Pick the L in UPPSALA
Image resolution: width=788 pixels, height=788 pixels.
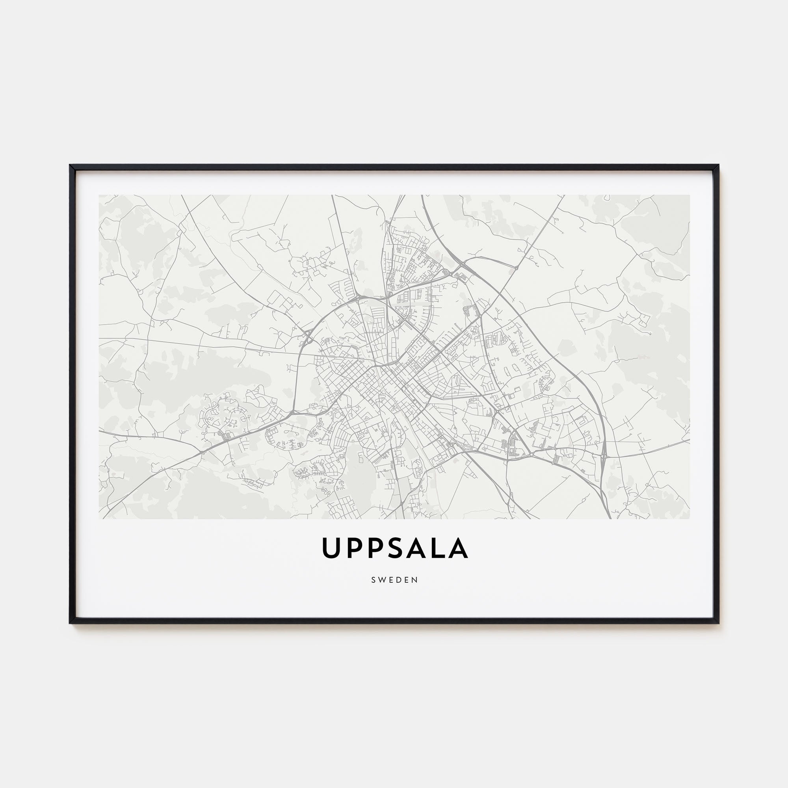(439, 548)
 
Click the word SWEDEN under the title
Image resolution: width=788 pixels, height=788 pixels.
(394, 580)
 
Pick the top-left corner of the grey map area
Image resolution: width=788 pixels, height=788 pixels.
(99, 195)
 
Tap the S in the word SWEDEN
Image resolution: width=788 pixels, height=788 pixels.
(373, 580)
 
